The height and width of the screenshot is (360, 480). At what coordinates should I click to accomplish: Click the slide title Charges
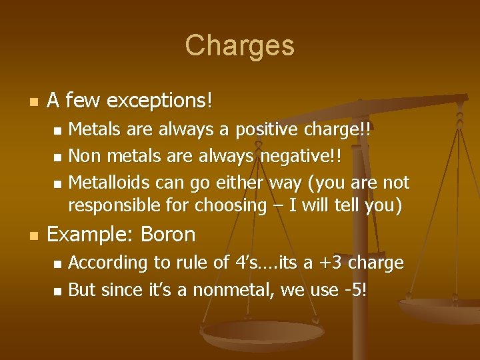click(x=239, y=45)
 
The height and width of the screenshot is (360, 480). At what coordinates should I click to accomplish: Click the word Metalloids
click(x=110, y=182)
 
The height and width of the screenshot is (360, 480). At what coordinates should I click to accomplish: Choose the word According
click(x=108, y=263)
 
